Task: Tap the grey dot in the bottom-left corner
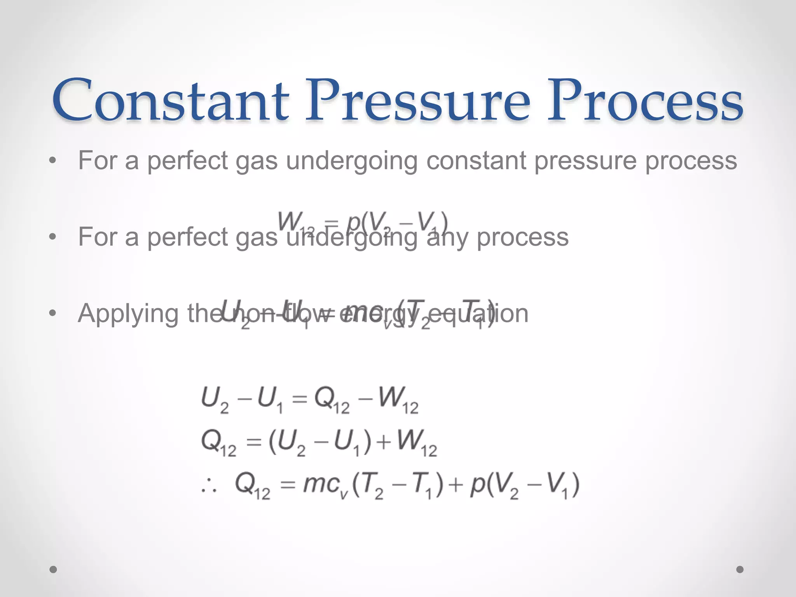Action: tap(53, 569)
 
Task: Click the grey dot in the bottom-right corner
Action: tap(740, 569)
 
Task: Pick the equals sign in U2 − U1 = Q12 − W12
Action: tap(299, 399)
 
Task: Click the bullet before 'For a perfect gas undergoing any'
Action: tap(53, 237)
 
